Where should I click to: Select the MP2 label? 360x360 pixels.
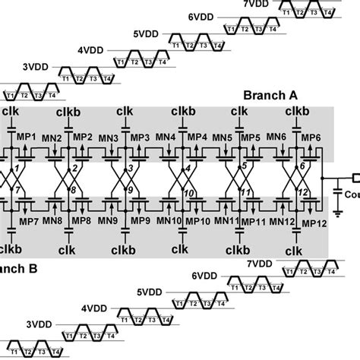[83, 137]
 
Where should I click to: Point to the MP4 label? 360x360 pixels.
[197, 137]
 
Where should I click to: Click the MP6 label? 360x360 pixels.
[311, 137]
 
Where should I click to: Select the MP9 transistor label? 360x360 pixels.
[140, 221]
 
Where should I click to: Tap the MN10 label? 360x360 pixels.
[169, 221]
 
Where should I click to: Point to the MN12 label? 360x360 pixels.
[283, 221]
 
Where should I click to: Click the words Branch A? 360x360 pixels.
[271, 96]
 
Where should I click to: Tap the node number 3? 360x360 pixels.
[131, 167]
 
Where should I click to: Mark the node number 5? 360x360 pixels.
[245, 167]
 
